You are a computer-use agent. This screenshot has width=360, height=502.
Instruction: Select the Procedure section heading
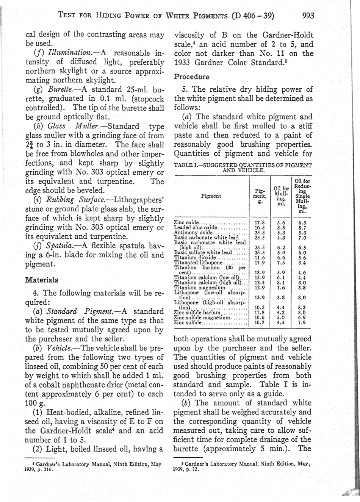point(191,77)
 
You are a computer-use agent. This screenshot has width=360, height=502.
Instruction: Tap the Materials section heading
point(42,280)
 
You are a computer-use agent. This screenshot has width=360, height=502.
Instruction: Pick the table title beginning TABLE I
point(243,167)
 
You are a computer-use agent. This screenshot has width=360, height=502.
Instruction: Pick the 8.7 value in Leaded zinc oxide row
point(302,228)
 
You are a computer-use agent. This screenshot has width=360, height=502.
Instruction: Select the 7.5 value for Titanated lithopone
point(281,262)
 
